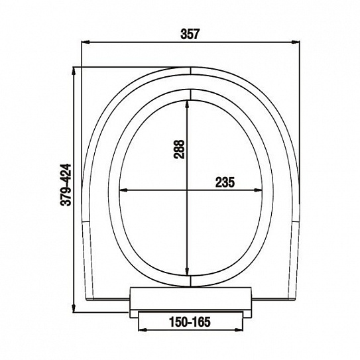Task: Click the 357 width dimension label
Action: pos(190,34)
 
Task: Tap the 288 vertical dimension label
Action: pos(179,149)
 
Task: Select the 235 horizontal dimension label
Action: pos(225,182)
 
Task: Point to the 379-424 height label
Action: pos(66,184)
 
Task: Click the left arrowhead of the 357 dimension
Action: pos(85,42)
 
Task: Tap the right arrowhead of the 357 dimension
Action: pos(296,42)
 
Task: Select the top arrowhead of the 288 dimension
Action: pos(188,104)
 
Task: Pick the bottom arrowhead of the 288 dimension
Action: pos(188,271)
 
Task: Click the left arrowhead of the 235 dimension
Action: pos(123,190)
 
